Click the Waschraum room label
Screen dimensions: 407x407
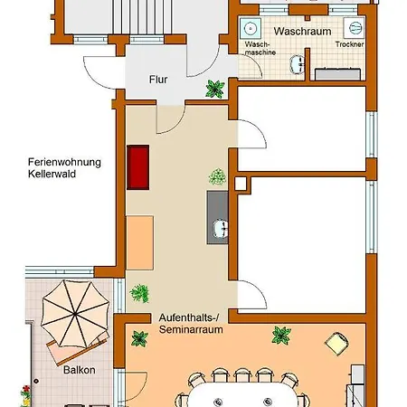(302, 32)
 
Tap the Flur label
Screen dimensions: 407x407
(158, 80)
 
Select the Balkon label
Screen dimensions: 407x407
(80, 370)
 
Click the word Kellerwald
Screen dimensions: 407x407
(52, 174)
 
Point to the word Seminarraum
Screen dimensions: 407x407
(191, 329)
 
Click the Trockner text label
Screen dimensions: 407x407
(350, 44)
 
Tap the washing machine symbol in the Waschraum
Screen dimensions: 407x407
(251, 29)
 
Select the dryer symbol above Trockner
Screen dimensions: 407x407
(354, 28)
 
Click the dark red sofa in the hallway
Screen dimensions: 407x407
(138, 167)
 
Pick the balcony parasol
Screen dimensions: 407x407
(75, 314)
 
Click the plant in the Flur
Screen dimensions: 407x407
(215, 89)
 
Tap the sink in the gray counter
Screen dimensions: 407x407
(221, 229)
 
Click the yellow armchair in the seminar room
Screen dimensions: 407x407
(336, 343)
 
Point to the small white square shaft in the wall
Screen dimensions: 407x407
(241, 184)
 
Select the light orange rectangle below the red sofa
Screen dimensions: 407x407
(140, 242)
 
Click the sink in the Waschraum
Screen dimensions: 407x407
(298, 64)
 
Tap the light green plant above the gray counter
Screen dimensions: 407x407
(217, 176)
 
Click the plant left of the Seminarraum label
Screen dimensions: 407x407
(139, 338)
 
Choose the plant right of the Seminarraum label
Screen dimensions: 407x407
(281, 336)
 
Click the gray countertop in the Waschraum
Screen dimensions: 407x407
(337, 74)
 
